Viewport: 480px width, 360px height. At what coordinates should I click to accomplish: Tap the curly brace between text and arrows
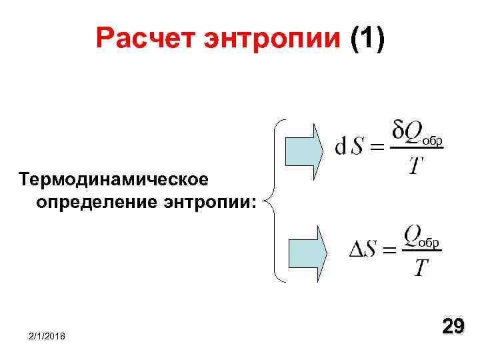[274, 200]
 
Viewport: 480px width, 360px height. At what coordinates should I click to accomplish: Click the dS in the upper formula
[349, 145]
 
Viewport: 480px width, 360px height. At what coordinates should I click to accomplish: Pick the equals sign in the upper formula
[377, 146]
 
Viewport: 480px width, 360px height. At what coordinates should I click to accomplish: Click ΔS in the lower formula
[364, 251]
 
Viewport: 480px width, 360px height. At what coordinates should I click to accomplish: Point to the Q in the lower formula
[411, 235]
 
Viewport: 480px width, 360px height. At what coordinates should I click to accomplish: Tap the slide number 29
[453, 326]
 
